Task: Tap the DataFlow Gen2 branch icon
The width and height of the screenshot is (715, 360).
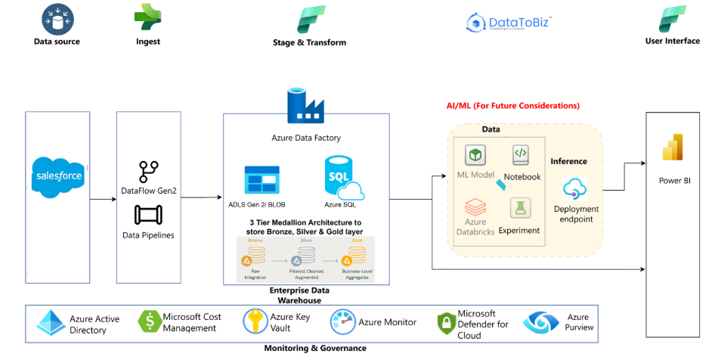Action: point(147,171)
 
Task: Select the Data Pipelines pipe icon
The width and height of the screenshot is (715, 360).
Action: point(147,216)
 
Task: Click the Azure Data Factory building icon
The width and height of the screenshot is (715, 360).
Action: point(305,107)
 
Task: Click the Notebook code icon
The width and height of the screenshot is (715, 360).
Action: point(522,155)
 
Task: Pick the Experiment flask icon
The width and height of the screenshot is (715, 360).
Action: point(519,208)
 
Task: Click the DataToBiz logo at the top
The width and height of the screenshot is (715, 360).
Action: point(509,22)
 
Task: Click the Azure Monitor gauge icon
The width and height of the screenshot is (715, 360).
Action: point(343,322)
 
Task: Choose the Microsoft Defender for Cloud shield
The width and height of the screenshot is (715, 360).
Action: point(447,324)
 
